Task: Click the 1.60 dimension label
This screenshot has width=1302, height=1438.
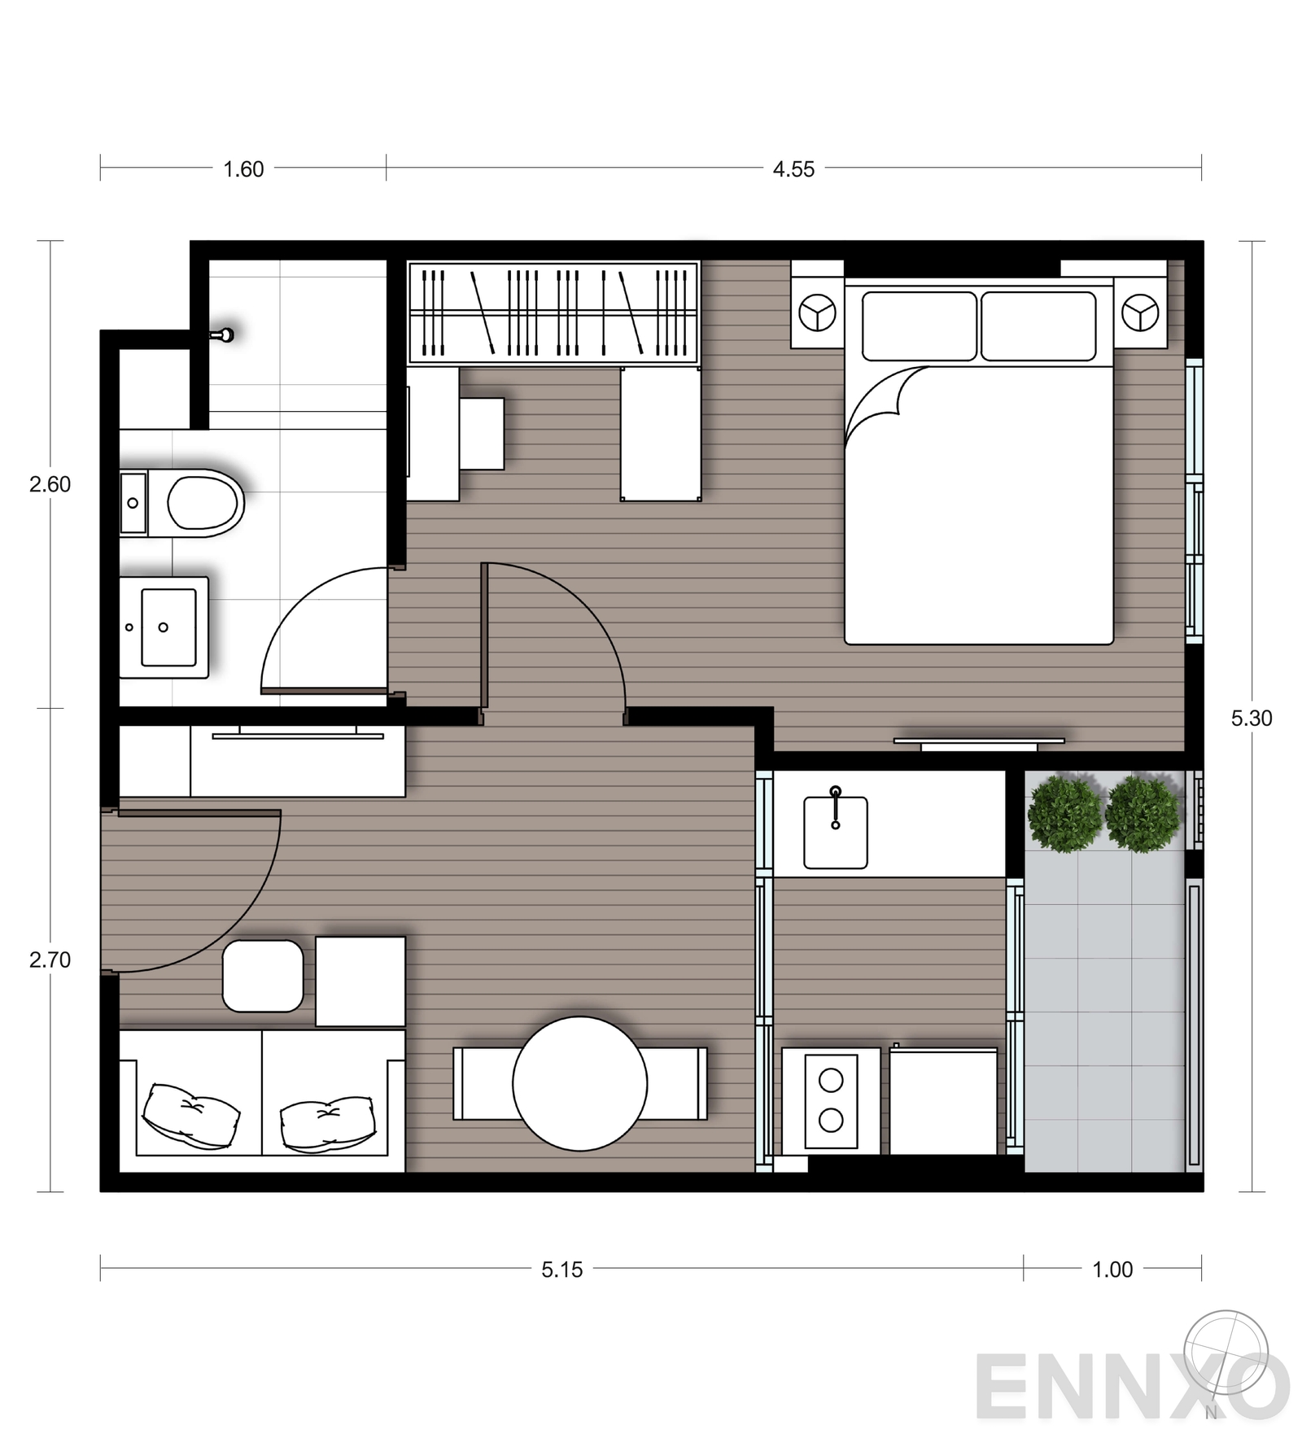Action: tap(243, 169)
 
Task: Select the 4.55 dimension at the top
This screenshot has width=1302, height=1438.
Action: tap(793, 169)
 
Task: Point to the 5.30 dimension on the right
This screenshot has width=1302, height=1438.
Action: tap(1251, 718)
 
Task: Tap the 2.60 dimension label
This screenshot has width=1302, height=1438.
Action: tap(50, 484)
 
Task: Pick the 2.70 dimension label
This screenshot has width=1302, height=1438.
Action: tap(50, 959)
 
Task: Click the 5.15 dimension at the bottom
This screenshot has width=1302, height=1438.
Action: tap(562, 1270)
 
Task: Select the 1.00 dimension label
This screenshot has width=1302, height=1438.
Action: tap(1112, 1270)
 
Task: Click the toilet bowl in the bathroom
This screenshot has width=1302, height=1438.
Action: tap(203, 503)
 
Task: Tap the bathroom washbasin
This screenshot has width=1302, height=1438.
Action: tap(168, 627)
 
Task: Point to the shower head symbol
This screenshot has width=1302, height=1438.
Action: tap(225, 334)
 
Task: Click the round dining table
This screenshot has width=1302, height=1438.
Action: tap(579, 1083)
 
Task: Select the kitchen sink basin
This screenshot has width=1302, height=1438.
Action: tap(835, 832)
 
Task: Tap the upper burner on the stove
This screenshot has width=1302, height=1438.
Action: tap(831, 1080)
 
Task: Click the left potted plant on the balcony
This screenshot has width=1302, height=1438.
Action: tap(1064, 814)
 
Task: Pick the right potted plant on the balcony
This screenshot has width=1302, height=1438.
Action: tap(1142, 814)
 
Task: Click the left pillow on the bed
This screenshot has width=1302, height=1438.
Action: tap(919, 326)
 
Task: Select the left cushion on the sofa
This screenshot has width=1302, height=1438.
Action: tap(191, 1114)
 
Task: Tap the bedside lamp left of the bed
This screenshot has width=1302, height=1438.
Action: tap(817, 313)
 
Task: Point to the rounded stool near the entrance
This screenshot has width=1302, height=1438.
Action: tap(262, 976)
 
